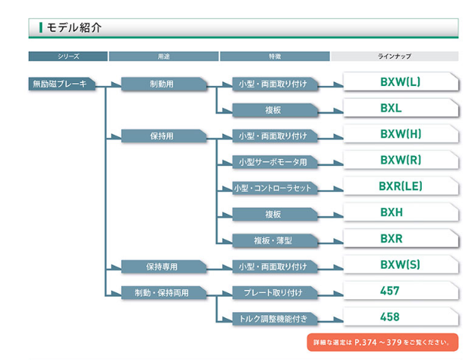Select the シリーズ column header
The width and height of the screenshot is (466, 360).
pos(67,56)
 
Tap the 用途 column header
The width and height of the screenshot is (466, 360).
pos(163,56)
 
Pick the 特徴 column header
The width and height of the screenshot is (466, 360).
pos(274,56)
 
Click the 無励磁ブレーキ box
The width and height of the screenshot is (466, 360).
pos(61,84)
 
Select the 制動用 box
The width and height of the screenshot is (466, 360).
pos(162,84)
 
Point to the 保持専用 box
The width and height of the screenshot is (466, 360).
pos(162,266)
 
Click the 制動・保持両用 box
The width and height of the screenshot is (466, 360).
pos(162,292)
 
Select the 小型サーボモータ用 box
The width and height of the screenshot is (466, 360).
pos(273,162)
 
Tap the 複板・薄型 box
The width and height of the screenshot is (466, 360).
pos(273,241)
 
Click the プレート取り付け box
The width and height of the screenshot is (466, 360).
pos(273,292)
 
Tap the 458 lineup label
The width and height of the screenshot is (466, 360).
pos(389,317)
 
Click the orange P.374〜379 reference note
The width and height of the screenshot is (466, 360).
pos(384,342)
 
